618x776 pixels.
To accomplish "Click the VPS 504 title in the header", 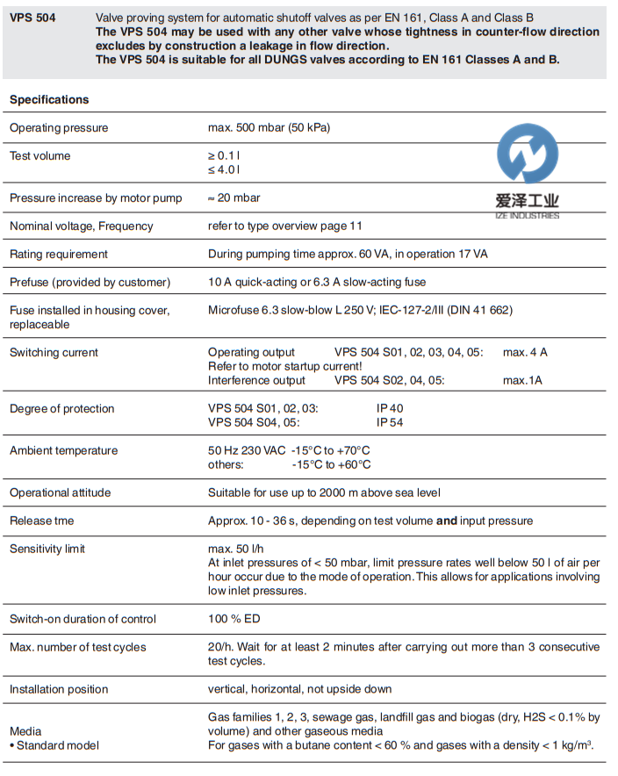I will tap(32, 18).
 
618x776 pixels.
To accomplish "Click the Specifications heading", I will tap(49, 99).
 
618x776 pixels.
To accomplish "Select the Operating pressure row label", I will tap(59, 128).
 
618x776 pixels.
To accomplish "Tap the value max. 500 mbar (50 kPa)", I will tap(269, 128).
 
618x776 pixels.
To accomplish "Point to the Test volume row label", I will tap(40, 156).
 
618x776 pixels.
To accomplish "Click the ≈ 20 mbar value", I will tap(234, 198).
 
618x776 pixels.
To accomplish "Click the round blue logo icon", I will tap(527, 156).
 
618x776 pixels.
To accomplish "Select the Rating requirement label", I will tap(59, 255).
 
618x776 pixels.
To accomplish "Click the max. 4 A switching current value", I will tap(525, 353).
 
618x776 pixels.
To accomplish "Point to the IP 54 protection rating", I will tap(390, 422).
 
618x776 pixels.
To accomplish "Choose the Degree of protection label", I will tap(62, 409).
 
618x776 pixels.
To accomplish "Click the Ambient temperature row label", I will tap(63, 451).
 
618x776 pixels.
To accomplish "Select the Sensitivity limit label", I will tap(47, 550).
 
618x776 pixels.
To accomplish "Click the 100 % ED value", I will tap(234, 619).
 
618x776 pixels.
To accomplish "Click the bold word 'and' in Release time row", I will tap(447, 521).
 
